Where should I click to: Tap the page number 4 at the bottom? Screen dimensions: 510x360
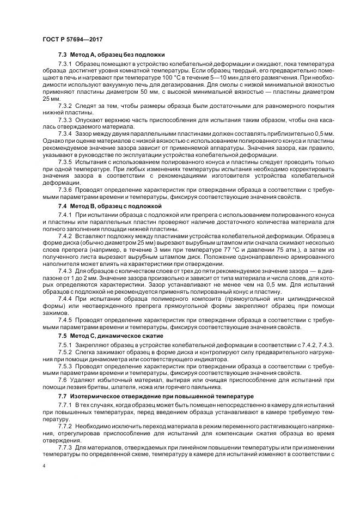tap(43, 466)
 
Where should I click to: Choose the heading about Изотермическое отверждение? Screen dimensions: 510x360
tap(147, 394)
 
